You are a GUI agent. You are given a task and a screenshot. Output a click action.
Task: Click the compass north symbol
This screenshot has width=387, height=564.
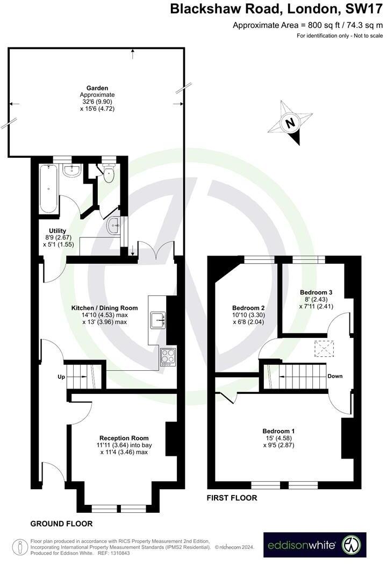click(x=291, y=123)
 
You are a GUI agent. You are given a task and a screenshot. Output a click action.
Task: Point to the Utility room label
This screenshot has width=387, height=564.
click(x=58, y=231)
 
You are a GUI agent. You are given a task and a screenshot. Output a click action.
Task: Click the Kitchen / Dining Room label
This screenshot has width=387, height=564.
click(x=104, y=308)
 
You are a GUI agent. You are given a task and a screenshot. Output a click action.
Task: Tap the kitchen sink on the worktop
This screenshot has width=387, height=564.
click(x=159, y=319)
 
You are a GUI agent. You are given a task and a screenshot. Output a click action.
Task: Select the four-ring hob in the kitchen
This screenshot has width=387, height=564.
click(x=168, y=356)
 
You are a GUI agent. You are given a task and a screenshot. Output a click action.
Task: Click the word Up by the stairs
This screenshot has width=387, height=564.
click(x=61, y=377)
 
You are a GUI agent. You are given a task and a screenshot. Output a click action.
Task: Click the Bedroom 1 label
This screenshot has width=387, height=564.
click(x=278, y=431)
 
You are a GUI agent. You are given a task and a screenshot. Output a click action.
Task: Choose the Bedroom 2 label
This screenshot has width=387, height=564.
click(x=248, y=308)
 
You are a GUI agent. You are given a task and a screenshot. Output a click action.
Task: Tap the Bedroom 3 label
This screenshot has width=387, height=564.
click(x=316, y=292)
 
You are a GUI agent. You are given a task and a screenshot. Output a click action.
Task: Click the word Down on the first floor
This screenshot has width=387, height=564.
click(x=335, y=376)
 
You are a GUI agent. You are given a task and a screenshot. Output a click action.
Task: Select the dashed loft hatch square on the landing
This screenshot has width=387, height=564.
click(x=322, y=349)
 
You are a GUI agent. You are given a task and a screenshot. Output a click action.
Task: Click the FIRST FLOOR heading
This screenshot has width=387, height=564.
click(x=232, y=498)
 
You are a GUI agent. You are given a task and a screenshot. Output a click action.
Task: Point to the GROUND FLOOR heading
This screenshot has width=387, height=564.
click(x=61, y=524)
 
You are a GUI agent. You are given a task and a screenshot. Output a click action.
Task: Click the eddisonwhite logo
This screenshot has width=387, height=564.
click(x=314, y=545)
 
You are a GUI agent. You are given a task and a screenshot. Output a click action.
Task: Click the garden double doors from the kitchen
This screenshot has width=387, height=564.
click(x=156, y=251)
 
